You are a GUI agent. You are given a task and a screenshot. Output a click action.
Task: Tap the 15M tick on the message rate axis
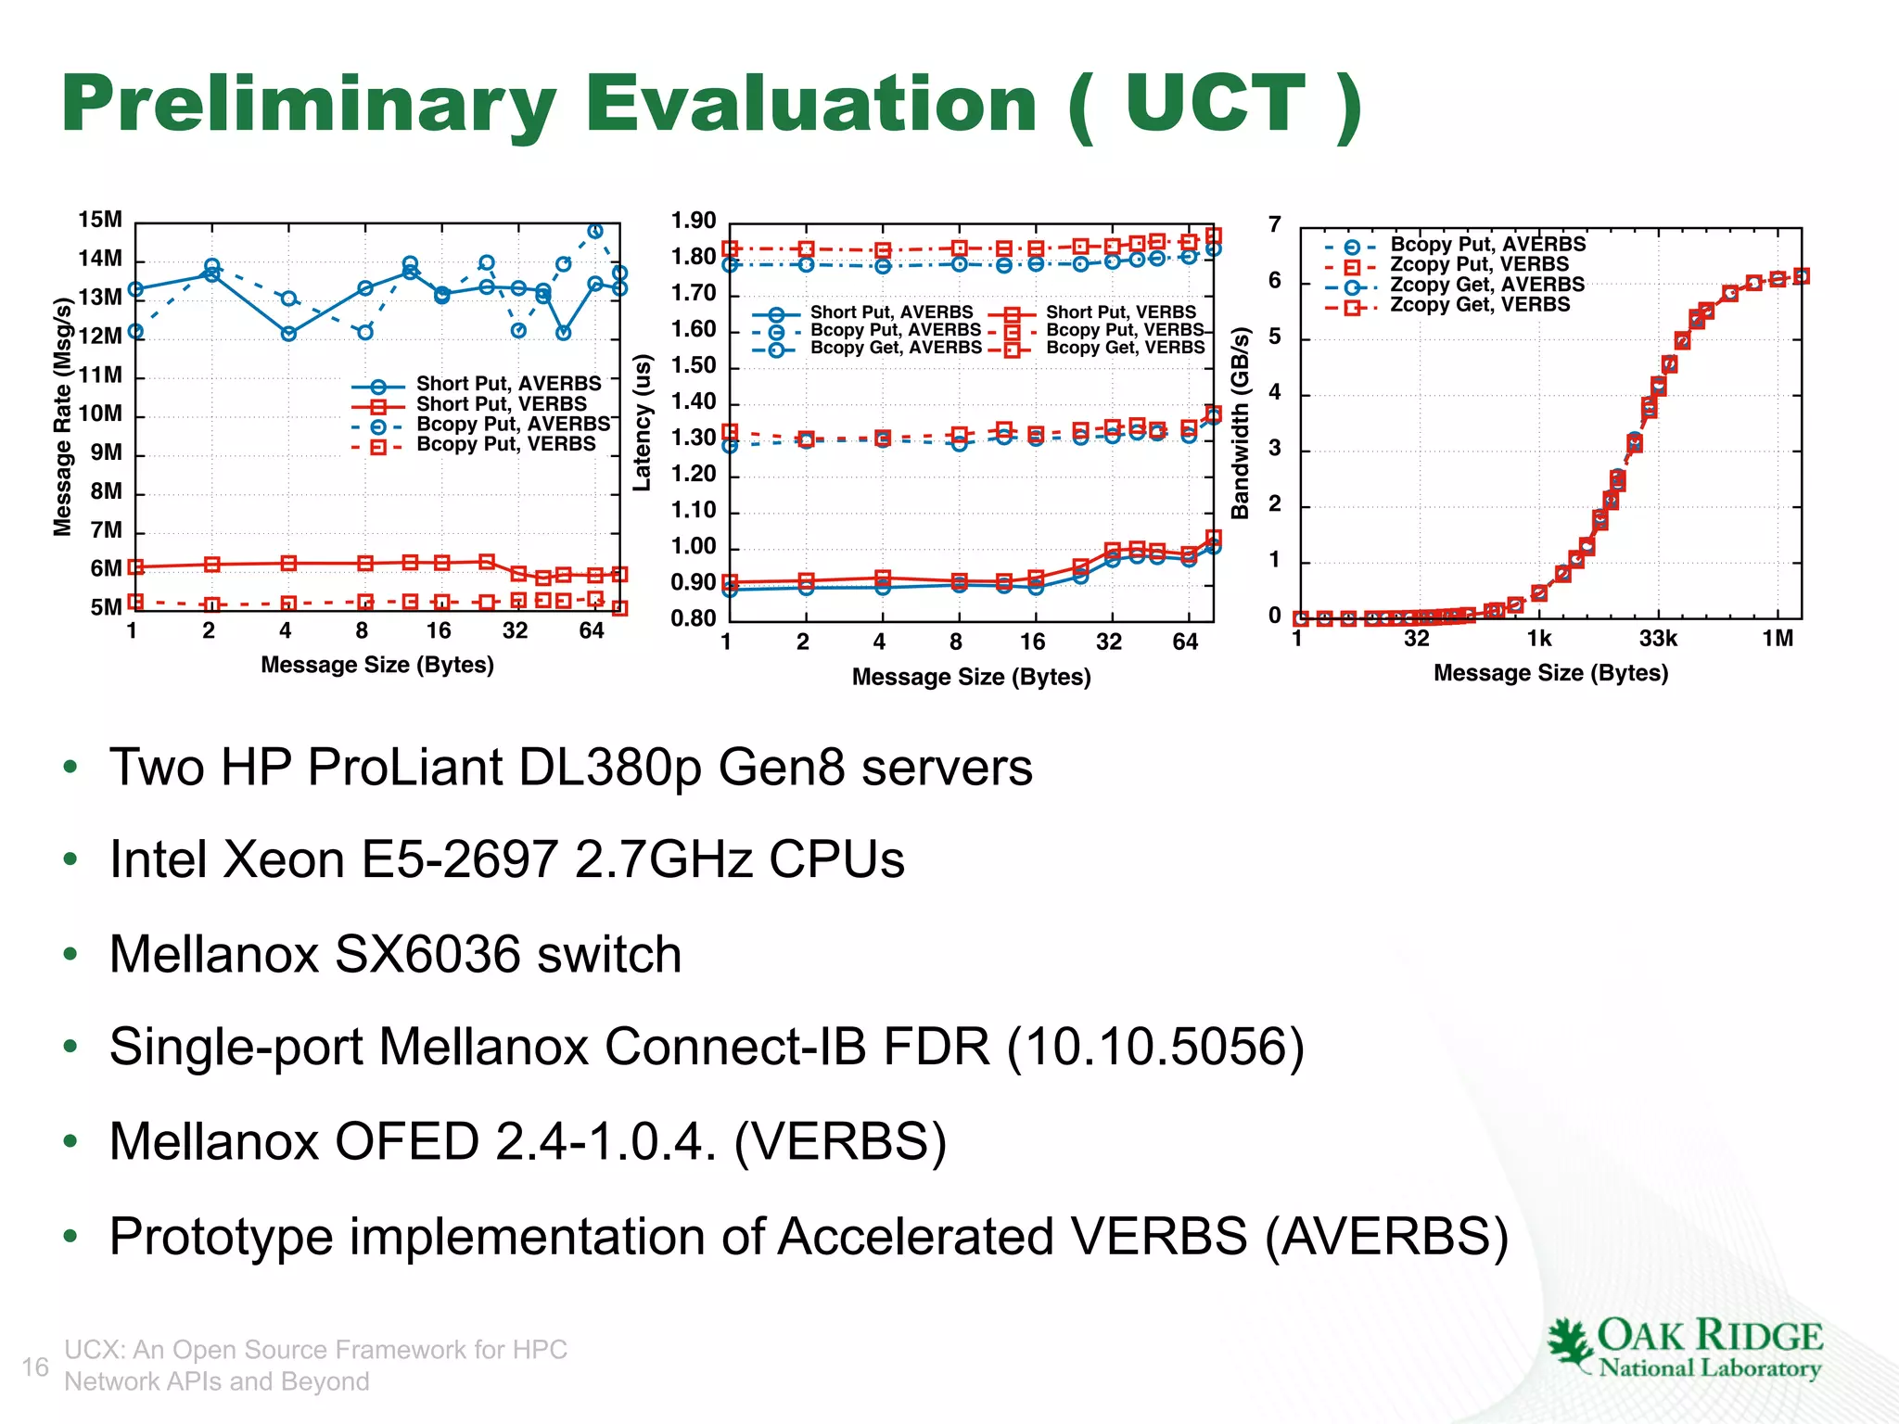click(100, 221)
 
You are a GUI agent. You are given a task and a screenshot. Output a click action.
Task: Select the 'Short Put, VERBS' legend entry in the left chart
click(501, 404)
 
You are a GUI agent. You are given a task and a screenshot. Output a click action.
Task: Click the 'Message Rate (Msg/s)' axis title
click(62, 417)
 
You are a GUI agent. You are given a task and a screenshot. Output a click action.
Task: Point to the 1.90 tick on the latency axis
click(694, 222)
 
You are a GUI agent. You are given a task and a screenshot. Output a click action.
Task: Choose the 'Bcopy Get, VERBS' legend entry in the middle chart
click(1125, 348)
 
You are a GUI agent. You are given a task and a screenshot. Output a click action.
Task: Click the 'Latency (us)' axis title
click(642, 423)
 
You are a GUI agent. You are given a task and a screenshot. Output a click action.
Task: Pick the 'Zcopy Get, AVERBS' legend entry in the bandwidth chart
click(1486, 285)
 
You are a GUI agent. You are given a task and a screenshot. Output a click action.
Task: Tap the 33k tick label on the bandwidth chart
click(1658, 639)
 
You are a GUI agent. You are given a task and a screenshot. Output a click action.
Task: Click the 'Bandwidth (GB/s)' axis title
click(1240, 423)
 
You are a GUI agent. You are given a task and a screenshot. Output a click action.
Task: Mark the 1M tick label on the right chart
click(1778, 639)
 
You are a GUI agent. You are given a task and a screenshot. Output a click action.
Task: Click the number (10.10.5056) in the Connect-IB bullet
click(1155, 1048)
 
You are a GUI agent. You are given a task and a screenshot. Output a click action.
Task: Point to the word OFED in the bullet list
click(406, 1141)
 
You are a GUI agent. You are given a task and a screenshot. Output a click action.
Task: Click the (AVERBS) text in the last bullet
click(1387, 1237)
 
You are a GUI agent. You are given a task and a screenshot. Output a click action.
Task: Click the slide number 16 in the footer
click(35, 1367)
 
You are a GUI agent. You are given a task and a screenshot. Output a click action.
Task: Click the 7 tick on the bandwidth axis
click(1275, 225)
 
